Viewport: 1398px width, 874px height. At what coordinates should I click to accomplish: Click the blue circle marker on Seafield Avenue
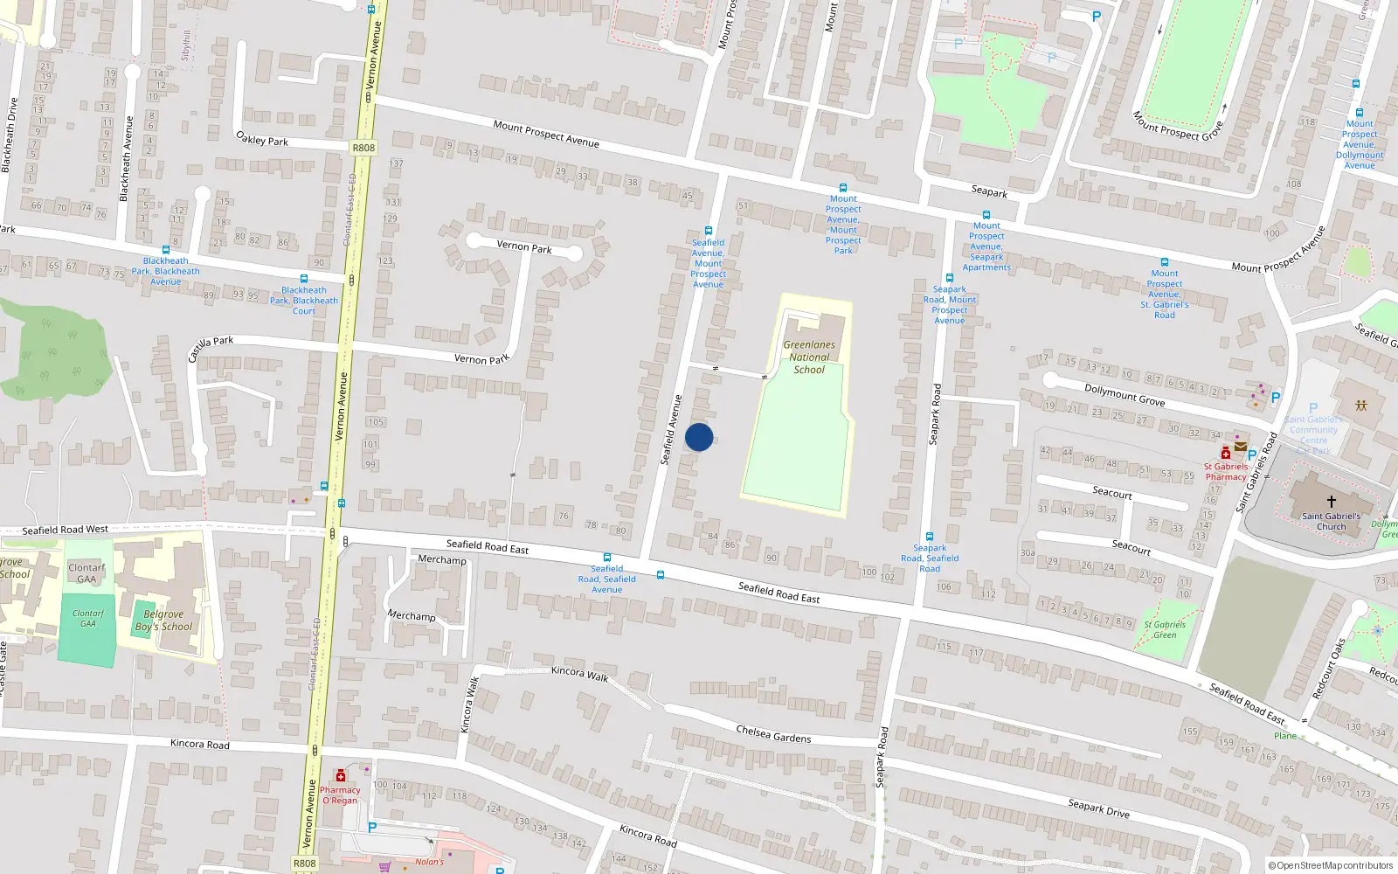[699, 437]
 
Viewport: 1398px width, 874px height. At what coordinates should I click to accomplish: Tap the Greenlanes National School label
[809, 357]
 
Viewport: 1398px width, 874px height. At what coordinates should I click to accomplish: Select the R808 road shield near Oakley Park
[363, 148]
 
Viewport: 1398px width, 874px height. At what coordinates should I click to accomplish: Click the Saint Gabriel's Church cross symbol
[1332, 502]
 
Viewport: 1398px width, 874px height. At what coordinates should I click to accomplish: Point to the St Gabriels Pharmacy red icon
[1226, 453]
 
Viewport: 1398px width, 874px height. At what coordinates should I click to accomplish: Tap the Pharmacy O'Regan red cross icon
[341, 775]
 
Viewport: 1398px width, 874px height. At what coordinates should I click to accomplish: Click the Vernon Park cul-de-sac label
[524, 246]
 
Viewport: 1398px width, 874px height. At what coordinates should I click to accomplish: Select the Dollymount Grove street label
[1125, 395]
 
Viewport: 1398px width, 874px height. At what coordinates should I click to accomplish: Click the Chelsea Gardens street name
[773, 734]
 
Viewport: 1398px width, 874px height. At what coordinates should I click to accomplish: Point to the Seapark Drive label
[1098, 808]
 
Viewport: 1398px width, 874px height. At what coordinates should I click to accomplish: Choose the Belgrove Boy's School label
[163, 621]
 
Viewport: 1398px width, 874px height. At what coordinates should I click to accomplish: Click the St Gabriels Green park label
[1165, 629]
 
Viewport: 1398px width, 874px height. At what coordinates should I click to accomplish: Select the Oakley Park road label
[262, 139]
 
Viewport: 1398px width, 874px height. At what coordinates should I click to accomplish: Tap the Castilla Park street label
[211, 347]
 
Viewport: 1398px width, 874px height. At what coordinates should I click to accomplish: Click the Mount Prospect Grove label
[1177, 127]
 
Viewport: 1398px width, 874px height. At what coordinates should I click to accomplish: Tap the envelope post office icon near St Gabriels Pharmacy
[1241, 447]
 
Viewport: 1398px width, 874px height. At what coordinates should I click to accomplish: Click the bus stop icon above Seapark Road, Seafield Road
[930, 537]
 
